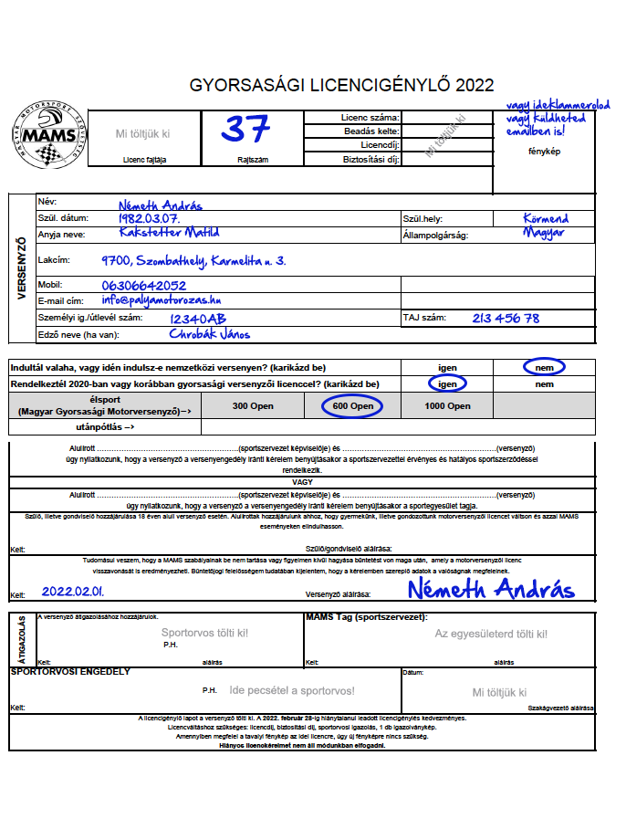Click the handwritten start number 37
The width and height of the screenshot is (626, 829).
tap(245, 130)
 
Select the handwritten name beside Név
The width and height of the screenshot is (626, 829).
tap(160, 205)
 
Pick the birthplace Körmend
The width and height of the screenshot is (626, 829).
tap(546, 219)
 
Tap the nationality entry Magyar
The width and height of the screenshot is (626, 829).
tap(544, 233)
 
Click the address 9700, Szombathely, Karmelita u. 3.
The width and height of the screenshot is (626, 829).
tap(193, 261)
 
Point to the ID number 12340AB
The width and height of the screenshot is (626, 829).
tap(198, 319)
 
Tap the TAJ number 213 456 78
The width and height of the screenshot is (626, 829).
tap(506, 319)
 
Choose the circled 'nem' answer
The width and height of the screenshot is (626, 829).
tap(545, 367)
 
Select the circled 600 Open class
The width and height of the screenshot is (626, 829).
tap(352, 406)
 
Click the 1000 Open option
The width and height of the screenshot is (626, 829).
tap(447, 406)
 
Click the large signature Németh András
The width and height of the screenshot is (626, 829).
tap(490, 589)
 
